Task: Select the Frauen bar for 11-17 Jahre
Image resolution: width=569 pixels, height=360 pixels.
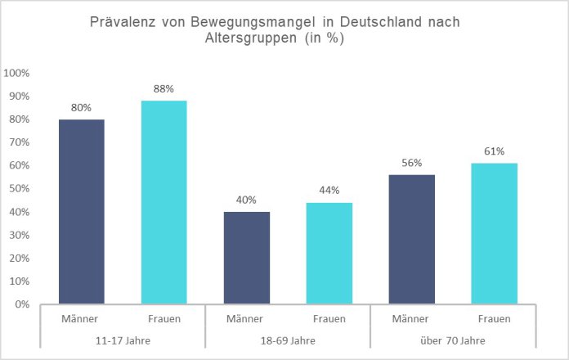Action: (x=164, y=202)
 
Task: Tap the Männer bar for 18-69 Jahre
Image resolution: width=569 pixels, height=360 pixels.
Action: (x=246, y=258)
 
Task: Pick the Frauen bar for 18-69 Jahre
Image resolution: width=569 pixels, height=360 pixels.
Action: (x=329, y=253)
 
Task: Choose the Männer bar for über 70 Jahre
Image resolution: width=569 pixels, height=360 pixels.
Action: (x=411, y=239)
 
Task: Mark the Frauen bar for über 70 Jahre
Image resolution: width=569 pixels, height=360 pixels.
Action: (x=494, y=233)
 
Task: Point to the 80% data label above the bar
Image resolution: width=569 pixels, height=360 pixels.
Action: (x=81, y=107)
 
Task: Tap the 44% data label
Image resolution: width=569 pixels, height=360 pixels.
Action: (x=329, y=191)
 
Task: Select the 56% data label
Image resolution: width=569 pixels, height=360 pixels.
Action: (x=411, y=163)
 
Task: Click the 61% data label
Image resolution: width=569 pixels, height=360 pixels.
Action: (x=494, y=151)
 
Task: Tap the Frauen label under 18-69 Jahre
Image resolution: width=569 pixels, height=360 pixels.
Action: (x=329, y=318)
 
